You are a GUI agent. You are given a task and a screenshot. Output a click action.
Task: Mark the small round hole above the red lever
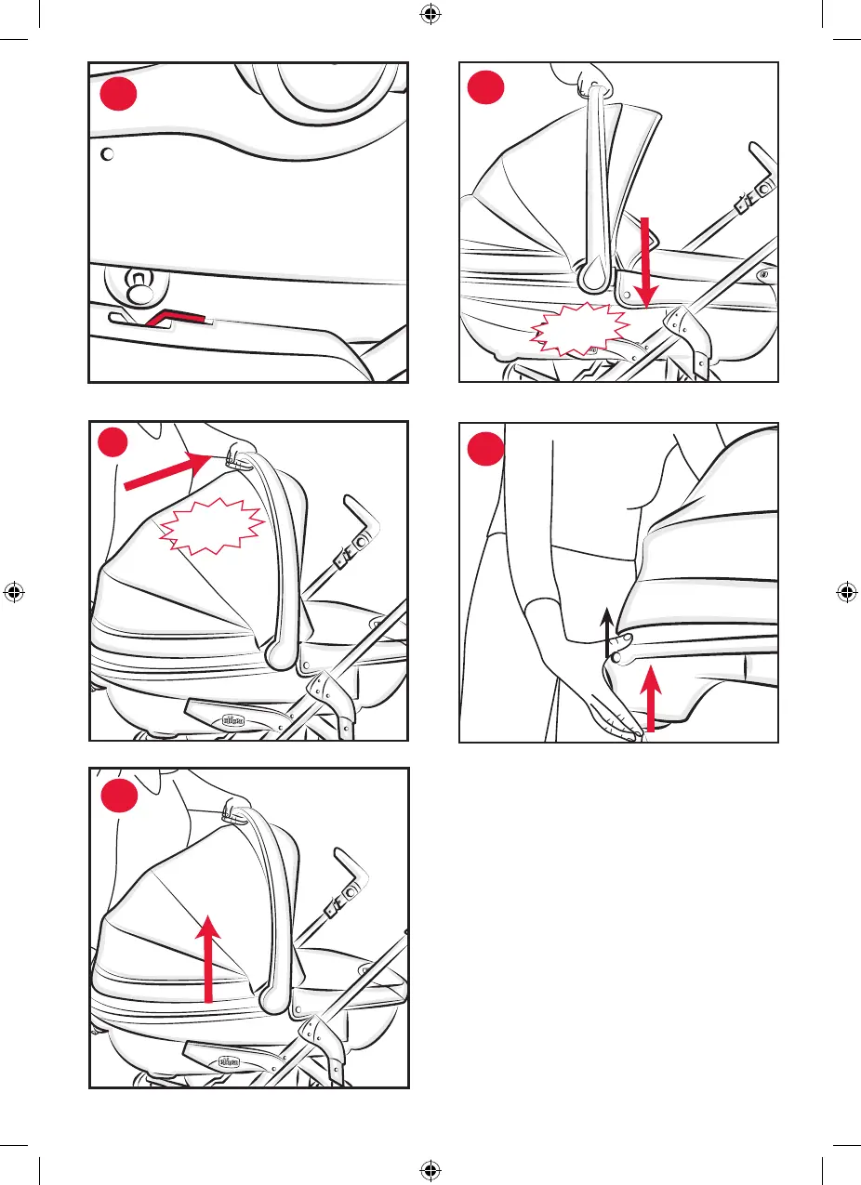[x=107, y=154]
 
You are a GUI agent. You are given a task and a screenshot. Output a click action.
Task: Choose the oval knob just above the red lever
[x=139, y=289]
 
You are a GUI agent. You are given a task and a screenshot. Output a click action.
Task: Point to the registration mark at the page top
[x=430, y=14]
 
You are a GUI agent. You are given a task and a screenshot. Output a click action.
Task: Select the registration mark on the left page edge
[x=13, y=592]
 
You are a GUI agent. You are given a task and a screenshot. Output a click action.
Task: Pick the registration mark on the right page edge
[x=846, y=592]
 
